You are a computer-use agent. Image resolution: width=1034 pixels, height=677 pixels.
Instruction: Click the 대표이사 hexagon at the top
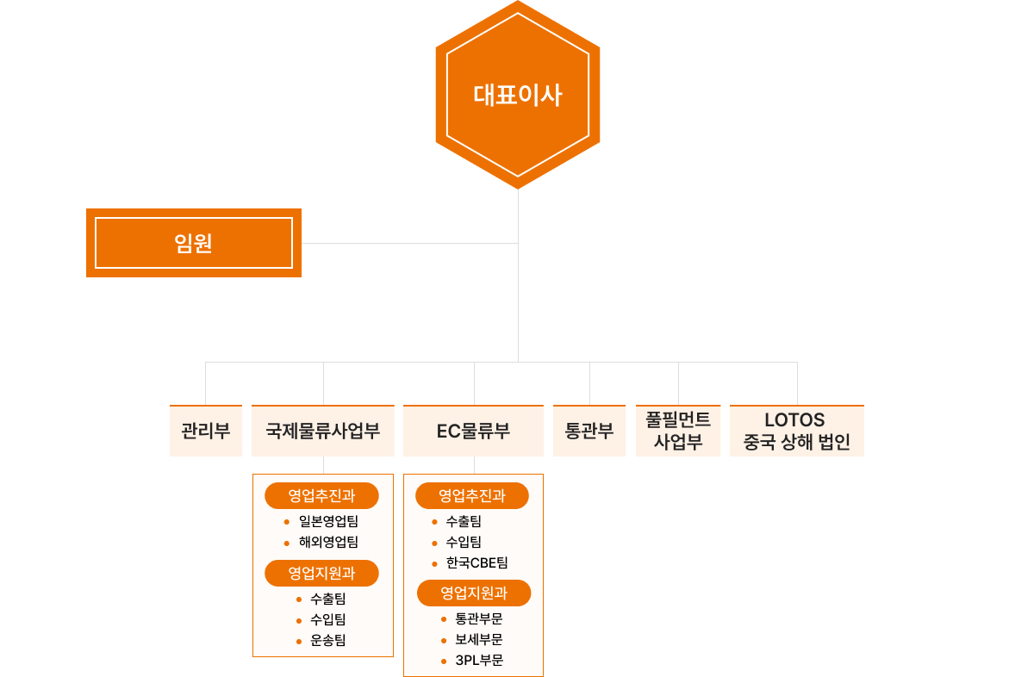(517, 94)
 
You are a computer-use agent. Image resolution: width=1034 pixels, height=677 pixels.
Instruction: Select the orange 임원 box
(194, 243)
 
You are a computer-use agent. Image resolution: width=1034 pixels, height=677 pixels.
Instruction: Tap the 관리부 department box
(206, 431)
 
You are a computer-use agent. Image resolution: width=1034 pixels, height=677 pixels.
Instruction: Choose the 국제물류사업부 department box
(323, 431)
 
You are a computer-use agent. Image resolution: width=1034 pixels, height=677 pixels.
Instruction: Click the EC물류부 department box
(474, 431)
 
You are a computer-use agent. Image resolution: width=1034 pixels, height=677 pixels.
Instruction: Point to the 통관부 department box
(589, 431)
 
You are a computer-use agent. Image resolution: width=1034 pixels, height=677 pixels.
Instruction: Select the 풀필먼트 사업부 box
(678, 431)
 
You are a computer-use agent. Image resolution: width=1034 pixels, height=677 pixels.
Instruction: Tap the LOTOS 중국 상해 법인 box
(797, 431)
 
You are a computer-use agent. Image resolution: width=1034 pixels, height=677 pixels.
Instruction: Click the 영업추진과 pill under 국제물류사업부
(321, 495)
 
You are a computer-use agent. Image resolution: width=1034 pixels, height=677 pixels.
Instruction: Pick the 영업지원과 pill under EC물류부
(474, 593)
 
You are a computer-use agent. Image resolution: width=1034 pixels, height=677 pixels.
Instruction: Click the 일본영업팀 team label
(328, 521)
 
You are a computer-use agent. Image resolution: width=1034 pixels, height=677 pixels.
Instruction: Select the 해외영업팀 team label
(328, 542)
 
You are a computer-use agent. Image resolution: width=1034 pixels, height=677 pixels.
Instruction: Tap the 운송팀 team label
(328, 640)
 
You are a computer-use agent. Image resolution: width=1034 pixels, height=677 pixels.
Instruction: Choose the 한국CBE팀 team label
(477, 562)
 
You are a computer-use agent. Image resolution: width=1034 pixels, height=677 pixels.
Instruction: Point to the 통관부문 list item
(479, 618)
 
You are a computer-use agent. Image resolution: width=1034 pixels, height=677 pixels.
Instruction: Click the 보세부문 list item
(479, 639)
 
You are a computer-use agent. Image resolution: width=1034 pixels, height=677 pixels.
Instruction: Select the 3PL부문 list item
(479, 661)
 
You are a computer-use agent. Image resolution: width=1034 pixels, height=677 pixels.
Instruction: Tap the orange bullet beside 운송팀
(298, 640)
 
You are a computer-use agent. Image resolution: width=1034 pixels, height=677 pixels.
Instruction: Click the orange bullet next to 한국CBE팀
(435, 563)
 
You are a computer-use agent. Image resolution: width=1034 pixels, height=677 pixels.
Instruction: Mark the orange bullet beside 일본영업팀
(286, 522)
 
